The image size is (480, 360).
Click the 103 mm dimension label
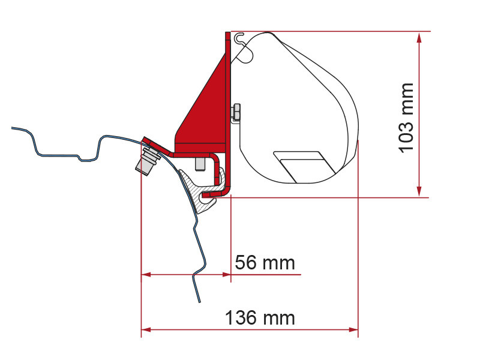(406, 118)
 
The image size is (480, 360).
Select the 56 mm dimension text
(265, 263)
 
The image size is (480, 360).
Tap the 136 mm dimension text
(260, 317)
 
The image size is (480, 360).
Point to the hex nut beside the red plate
(236, 113)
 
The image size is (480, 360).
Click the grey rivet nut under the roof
(148, 161)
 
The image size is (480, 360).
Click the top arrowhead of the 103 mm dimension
(419, 38)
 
